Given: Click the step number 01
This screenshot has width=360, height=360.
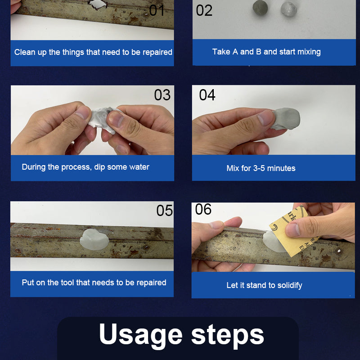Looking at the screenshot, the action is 157,10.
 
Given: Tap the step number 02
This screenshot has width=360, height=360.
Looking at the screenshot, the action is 204,10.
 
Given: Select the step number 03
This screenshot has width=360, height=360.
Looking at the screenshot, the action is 162,95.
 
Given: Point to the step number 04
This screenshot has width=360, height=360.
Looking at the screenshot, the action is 207,95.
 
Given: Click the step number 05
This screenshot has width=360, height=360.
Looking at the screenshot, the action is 165,211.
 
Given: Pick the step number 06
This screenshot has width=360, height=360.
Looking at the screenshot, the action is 203,209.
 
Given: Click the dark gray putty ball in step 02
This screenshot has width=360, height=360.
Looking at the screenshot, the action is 260,8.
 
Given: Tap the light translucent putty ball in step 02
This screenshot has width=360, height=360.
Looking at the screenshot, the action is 289,9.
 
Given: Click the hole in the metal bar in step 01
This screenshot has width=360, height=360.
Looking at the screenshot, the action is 98,4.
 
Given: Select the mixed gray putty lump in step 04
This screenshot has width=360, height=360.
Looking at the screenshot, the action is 286,119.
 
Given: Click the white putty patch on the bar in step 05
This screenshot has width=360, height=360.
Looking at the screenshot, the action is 94,239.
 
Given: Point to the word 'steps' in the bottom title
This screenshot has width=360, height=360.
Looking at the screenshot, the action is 228,335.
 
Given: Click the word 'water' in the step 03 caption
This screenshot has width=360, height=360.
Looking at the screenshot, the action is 139,167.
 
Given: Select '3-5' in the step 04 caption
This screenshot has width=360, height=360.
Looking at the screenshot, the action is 259,168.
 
